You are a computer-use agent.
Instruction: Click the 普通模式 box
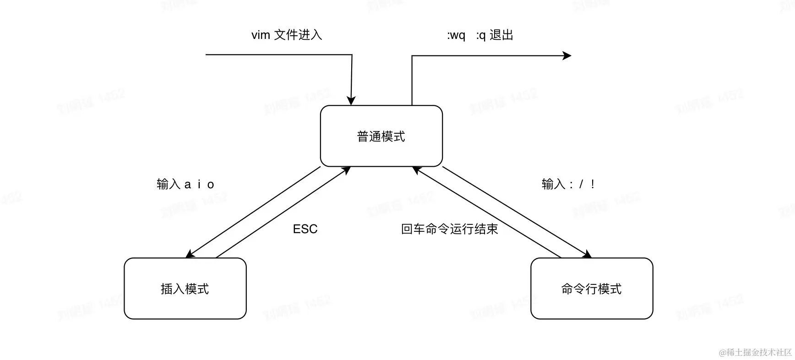tap(381, 136)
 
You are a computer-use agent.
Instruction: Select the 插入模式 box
tap(185, 289)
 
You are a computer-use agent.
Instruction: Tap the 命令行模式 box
tap(591, 289)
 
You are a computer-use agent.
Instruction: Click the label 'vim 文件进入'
tap(287, 35)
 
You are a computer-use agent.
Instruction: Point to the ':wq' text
tap(456, 35)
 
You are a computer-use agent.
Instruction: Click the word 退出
tap(501, 35)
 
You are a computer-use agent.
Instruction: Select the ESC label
tap(305, 229)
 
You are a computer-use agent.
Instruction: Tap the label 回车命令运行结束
tap(449, 229)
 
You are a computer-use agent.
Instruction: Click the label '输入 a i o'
tap(185, 184)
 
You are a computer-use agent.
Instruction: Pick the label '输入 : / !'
tap(568, 184)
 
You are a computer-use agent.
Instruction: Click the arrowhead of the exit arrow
tap(567, 56)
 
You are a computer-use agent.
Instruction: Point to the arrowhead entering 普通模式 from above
tap(351, 101)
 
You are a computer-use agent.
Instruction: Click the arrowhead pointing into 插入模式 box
tap(190, 254)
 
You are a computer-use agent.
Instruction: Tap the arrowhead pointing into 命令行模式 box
tap(587, 255)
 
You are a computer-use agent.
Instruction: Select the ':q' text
tap(481, 35)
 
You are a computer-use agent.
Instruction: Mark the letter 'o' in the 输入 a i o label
tap(211, 185)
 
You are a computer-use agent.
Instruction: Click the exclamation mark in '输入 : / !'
tap(593, 184)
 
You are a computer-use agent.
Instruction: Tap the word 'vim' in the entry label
tap(261, 35)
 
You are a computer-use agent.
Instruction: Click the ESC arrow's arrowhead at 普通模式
tap(347, 170)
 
